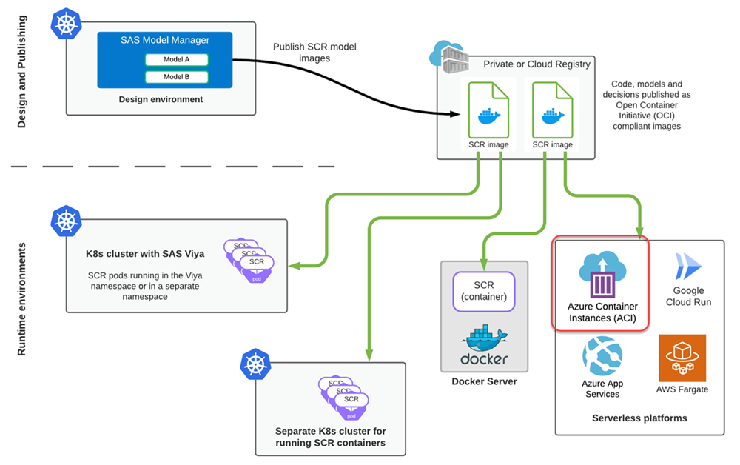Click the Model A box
click(x=176, y=59)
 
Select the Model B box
click(x=176, y=77)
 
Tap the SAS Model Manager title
click(x=165, y=40)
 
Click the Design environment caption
click(x=161, y=99)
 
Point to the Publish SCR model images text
click(x=314, y=53)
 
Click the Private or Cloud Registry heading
click(x=536, y=64)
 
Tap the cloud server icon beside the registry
click(x=446, y=56)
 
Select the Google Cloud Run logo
click(x=687, y=266)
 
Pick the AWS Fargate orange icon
click(x=682, y=358)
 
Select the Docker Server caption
click(x=484, y=382)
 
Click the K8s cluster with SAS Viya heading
click(x=145, y=254)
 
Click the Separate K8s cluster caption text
click(x=330, y=437)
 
